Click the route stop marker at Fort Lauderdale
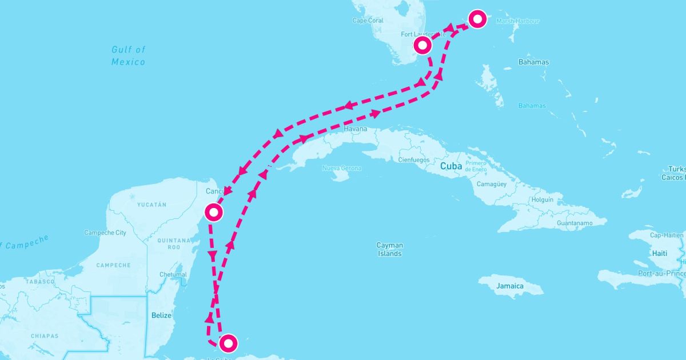[422, 45]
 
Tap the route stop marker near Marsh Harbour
[477, 19]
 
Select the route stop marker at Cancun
[213, 213]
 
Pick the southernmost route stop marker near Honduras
[228, 343]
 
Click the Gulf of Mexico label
[128, 56]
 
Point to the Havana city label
[356, 129]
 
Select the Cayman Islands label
[389, 249]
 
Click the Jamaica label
[509, 286]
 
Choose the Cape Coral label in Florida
[368, 21]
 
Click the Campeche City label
[105, 233]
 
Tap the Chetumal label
[173, 275]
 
